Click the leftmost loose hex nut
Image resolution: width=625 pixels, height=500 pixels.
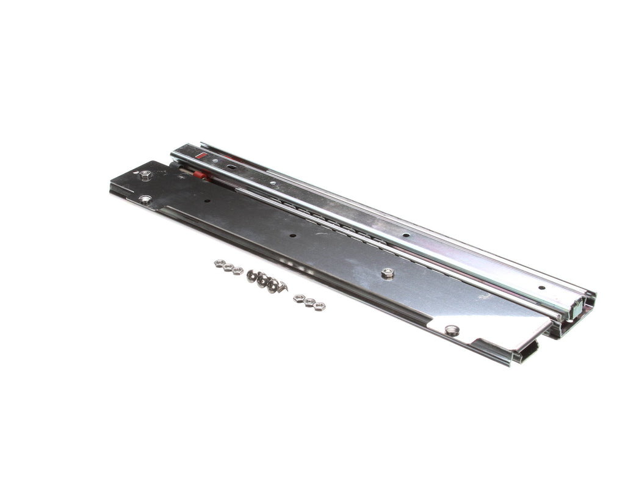click(x=219, y=263)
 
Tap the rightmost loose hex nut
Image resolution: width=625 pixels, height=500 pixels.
click(x=320, y=306)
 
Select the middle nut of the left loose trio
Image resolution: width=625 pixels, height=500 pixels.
click(x=228, y=267)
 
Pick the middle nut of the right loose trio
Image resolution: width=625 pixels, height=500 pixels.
click(x=309, y=302)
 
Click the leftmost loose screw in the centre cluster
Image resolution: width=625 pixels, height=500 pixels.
click(x=251, y=275)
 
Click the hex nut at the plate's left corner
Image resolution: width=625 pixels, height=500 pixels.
click(x=145, y=176)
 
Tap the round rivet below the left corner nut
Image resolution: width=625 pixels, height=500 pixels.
click(x=145, y=199)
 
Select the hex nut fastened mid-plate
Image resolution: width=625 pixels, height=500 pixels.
click(x=387, y=273)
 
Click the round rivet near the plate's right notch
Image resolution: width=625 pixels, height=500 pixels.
click(x=452, y=330)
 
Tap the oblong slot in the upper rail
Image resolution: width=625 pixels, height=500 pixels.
click(x=231, y=165)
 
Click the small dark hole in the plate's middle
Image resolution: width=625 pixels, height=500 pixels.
click(x=292, y=235)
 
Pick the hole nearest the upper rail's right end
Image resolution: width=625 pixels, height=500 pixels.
click(x=541, y=288)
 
